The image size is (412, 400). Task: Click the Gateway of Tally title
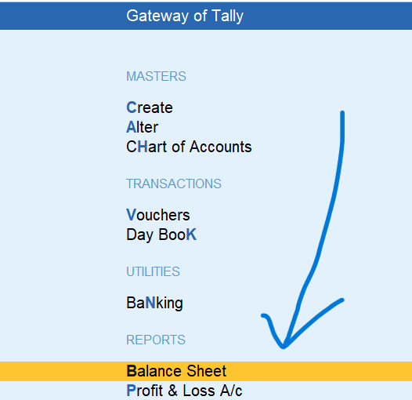click(185, 16)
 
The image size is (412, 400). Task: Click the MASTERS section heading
click(156, 76)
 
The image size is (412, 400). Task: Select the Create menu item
click(150, 107)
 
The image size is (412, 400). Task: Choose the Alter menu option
click(142, 127)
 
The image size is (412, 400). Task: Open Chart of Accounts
click(189, 147)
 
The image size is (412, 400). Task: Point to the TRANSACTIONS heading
click(174, 184)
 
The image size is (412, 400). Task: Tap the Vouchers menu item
click(158, 215)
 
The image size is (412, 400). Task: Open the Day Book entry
click(161, 235)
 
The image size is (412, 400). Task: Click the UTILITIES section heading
click(153, 271)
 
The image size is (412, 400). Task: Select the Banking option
click(154, 304)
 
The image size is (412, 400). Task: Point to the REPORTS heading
click(156, 340)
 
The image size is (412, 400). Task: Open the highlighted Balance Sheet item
click(176, 371)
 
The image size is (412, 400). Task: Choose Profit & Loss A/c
click(184, 391)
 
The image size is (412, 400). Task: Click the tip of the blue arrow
click(284, 347)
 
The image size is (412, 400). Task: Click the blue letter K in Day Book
click(192, 235)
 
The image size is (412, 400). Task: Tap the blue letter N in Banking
click(150, 303)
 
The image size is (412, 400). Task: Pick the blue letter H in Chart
click(143, 147)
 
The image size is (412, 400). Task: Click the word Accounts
click(220, 147)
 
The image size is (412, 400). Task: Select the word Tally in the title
click(228, 16)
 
